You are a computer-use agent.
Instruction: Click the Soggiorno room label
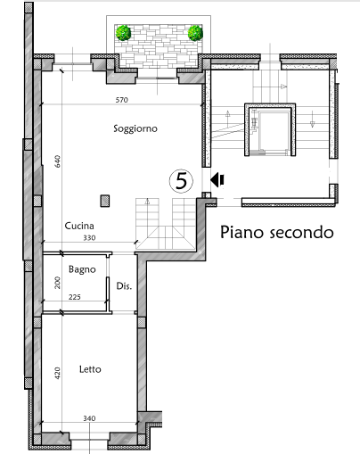[135, 128]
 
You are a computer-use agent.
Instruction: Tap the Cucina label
[79, 226]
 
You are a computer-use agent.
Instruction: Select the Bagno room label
[82, 269]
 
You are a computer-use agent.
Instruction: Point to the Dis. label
[124, 286]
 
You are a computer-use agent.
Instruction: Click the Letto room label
[90, 369]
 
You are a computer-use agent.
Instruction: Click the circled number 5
[181, 181]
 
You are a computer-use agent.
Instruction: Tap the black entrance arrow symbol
[217, 180]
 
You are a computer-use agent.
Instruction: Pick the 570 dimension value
[122, 100]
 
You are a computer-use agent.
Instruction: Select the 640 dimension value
[58, 161]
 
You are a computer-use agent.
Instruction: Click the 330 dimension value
[89, 238]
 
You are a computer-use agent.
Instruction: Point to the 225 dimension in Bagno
[75, 297]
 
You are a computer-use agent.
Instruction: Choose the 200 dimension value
[58, 283]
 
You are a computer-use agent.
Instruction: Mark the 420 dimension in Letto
[58, 373]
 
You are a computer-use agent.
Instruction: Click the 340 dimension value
[89, 418]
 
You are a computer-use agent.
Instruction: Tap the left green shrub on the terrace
[123, 33]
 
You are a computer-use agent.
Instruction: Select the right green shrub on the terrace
[195, 33]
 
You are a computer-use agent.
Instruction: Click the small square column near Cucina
[105, 201]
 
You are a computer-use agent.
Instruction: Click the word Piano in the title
[241, 232]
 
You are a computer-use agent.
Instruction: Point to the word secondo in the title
[301, 233]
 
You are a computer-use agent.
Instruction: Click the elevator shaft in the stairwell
[270, 129]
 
